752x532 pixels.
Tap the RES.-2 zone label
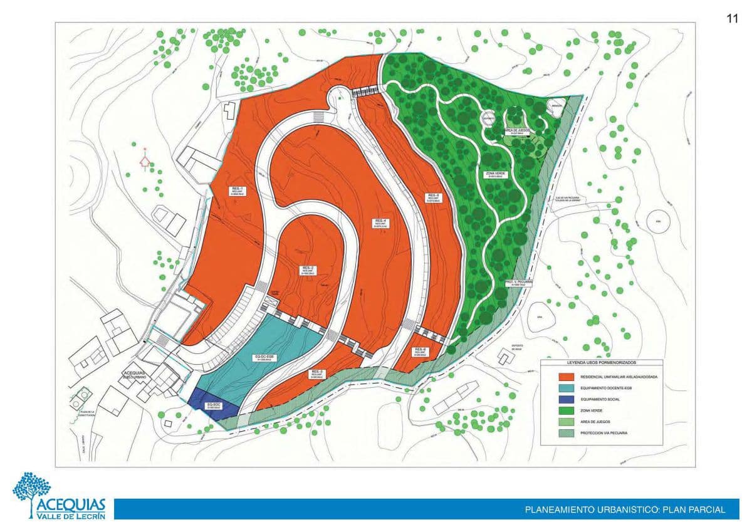tap(308, 269)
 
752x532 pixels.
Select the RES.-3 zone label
tap(316, 375)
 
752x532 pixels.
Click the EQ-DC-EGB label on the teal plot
tap(266, 358)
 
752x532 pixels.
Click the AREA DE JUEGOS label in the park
tap(517, 132)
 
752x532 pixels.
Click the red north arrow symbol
tap(145, 161)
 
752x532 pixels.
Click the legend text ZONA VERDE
tap(591, 410)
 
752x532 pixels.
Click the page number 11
tap(732, 18)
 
